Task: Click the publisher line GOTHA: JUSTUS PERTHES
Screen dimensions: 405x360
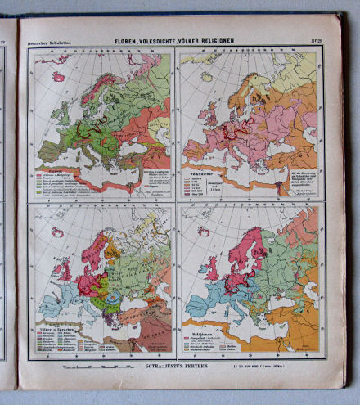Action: [179, 368]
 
